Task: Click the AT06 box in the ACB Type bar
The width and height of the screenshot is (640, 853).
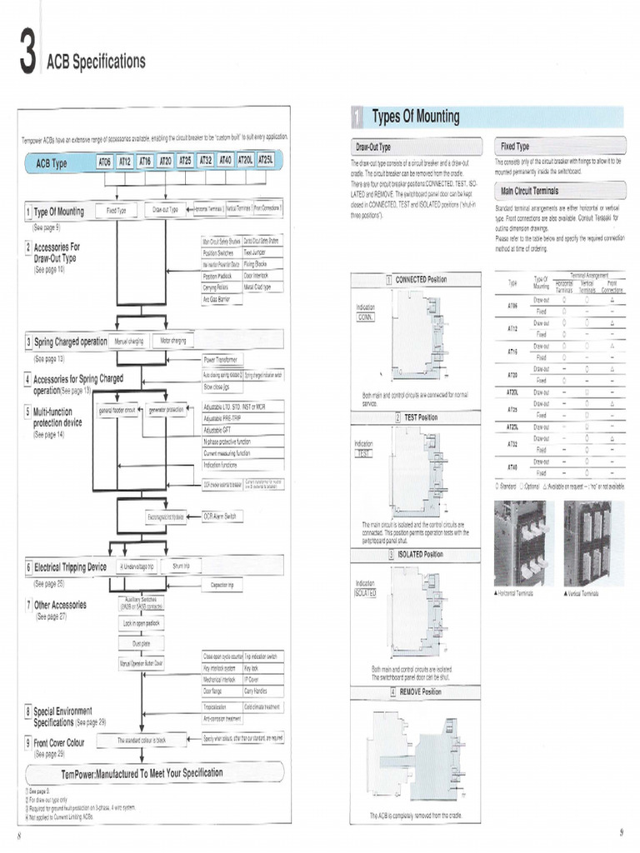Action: tap(105, 162)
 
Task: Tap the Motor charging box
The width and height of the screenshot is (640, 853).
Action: tap(172, 341)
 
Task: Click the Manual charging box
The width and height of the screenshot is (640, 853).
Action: tap(129, 341)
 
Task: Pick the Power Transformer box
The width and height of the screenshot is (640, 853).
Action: tap(222, 360)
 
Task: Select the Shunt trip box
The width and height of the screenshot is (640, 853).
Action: tap(181, 566)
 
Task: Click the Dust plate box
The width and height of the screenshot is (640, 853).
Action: tap(141, 644)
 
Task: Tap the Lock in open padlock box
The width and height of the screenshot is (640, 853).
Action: tap(142, 623)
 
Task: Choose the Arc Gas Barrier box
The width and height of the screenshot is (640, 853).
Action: tap(217, 298)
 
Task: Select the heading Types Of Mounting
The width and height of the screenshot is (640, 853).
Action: tap(415, 117)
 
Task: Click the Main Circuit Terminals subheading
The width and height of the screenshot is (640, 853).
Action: tap(529, 191)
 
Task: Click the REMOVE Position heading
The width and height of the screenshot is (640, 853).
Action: tap(419, 692)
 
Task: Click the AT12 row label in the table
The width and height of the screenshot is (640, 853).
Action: tap(512, 328)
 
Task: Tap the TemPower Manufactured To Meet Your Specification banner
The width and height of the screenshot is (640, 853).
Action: tap(154, 772)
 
